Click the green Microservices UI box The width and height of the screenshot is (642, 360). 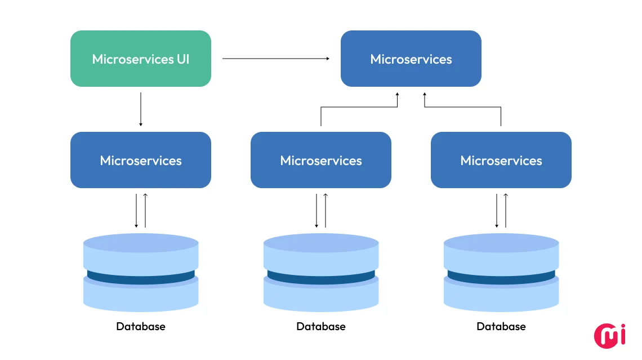[x=140, y=59]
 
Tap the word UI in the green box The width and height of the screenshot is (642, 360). [x=182, y=59]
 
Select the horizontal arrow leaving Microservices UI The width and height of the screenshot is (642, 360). [x=276, y=58]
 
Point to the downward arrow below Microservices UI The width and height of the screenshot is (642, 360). [x=140, y=109]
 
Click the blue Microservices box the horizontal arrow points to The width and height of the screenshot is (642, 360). [x=411, y=59]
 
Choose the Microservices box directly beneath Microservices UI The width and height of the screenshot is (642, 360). [x=140, y=160]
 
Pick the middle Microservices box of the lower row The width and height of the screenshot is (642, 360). [x=320, y=160]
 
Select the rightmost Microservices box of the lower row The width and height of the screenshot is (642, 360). [x=501, y=160]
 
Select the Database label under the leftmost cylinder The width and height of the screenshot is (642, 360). [x=140, y=326]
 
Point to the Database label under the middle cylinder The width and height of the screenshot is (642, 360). [x=320, y=326]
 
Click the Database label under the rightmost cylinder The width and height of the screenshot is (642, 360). [x=501, y=326]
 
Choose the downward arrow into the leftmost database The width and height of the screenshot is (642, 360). [x=136, y=211]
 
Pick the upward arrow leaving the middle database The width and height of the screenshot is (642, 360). [x=326, y=211]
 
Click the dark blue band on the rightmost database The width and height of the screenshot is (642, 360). [x=501, y=277]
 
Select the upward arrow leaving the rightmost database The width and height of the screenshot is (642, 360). [x=506, y=211]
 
